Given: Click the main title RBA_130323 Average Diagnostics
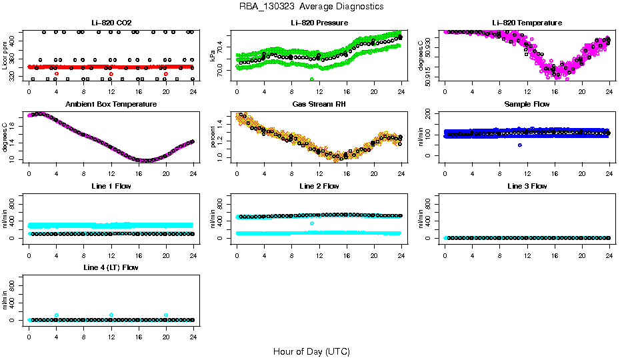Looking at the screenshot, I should point(312,7).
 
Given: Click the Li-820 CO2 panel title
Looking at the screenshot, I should point(111,23).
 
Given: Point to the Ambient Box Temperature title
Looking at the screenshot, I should point(111,105).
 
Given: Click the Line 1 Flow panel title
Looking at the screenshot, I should point(111,186).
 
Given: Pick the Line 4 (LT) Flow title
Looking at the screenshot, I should point(111,267).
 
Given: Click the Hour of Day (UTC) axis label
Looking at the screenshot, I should point(311,351).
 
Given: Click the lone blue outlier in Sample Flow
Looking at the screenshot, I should point(520,145).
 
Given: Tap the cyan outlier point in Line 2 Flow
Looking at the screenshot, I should point(312,223).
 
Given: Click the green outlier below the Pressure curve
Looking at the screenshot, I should point(312,79).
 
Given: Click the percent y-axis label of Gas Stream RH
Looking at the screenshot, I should point(213,137).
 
